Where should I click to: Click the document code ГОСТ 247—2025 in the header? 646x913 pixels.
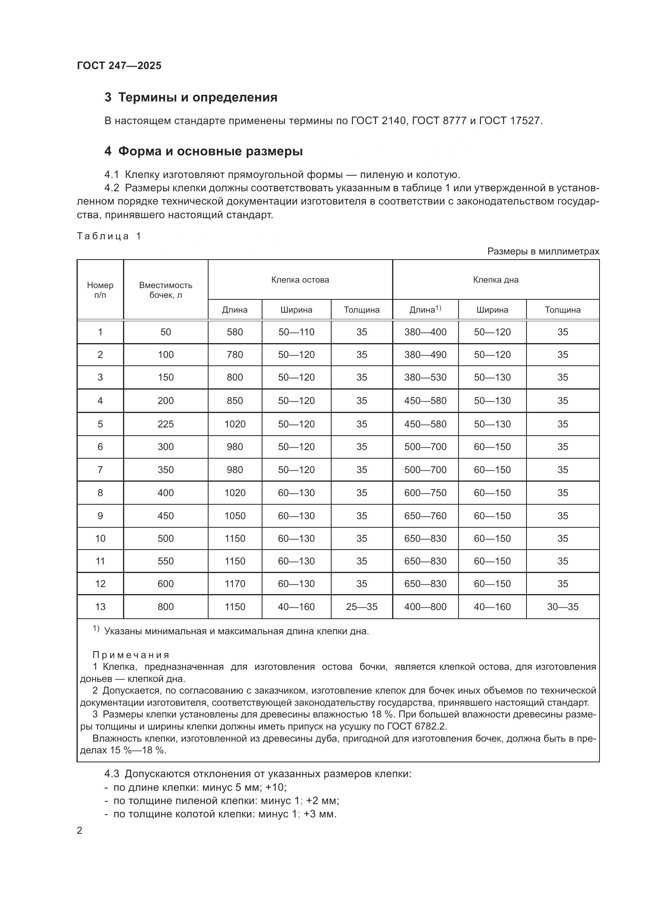pyautogui.click(x=119, y=66)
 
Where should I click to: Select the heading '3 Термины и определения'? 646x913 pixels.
pyautogui.click(x=191, y=98)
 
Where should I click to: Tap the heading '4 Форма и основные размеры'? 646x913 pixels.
pyautogui.click(x=203, y=151)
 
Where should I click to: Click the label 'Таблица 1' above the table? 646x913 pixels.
pyautogui.click(x=109, y=236)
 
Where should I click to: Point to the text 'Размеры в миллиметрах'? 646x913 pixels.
pyautogui.click(x=543, y=251)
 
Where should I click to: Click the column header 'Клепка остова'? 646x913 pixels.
pyautogui.click(x=300, y=279)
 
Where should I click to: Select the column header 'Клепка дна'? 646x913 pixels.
pyautogui.click(x=496, y=279)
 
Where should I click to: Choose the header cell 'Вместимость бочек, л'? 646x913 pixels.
pyautogui.click(x=166, y=290)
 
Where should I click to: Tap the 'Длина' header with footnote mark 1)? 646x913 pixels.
pyautogui.click(x=425, y=310)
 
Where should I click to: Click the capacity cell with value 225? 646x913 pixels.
pyautogui.click(x=166, y=424)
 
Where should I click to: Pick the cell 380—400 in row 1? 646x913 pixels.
pyautogui.click(x=425, y=332)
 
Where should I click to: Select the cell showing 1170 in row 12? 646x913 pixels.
pyautogui.click(x=235, y=584)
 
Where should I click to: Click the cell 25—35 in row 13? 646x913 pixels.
pyautogui.click(x=362, y=607)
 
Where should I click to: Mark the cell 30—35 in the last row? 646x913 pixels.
pyautogui.click(x=562, y=607)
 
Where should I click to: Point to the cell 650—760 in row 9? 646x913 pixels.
pyautogui.click(x=425, y=516)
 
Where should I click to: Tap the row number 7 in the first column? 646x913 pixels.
pyautogui.click(x=100, y=470)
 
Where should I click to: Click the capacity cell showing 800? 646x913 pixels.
pyautogui.click(x=166, y=607)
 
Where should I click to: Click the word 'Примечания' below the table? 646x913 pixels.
pyautogui.click(x=131, y=655)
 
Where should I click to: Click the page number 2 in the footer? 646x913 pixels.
pyautogui.click(x=80, y=831)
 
